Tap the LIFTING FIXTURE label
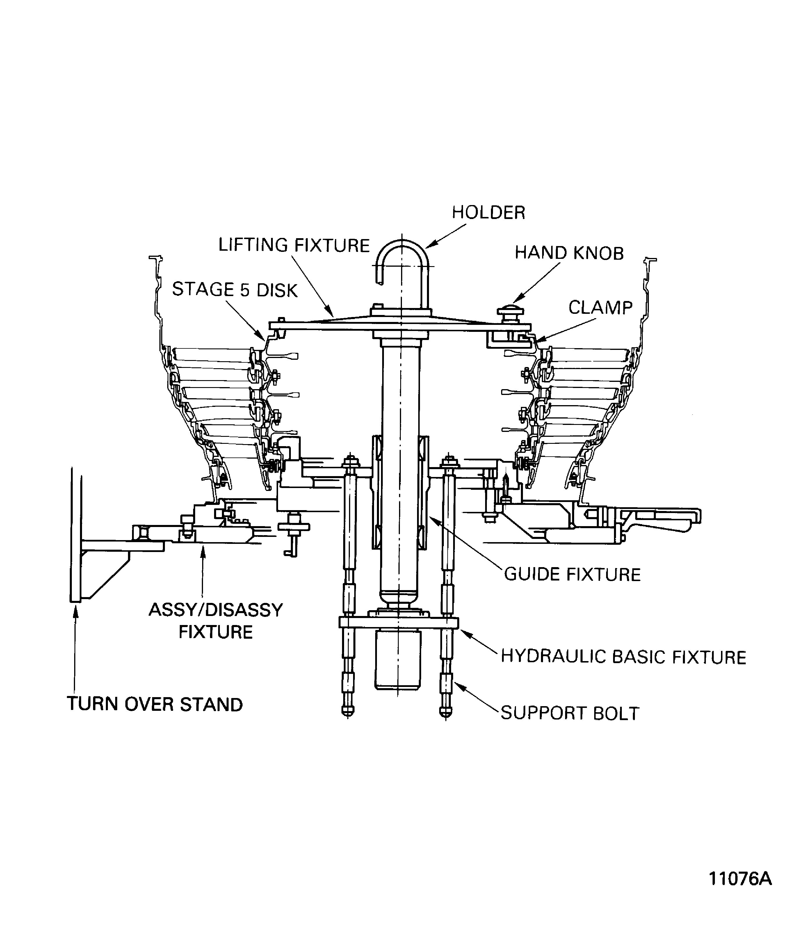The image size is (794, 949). (294, 245)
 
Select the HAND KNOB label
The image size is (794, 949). (569, 253)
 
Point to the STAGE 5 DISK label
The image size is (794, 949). (235, 290)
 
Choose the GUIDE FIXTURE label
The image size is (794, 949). (572, 575)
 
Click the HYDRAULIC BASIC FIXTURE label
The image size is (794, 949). (623, 657)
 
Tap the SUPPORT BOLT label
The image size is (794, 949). (570, 713)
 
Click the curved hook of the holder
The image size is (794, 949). (402, 253)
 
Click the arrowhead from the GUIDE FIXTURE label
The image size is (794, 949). (430, 517)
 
